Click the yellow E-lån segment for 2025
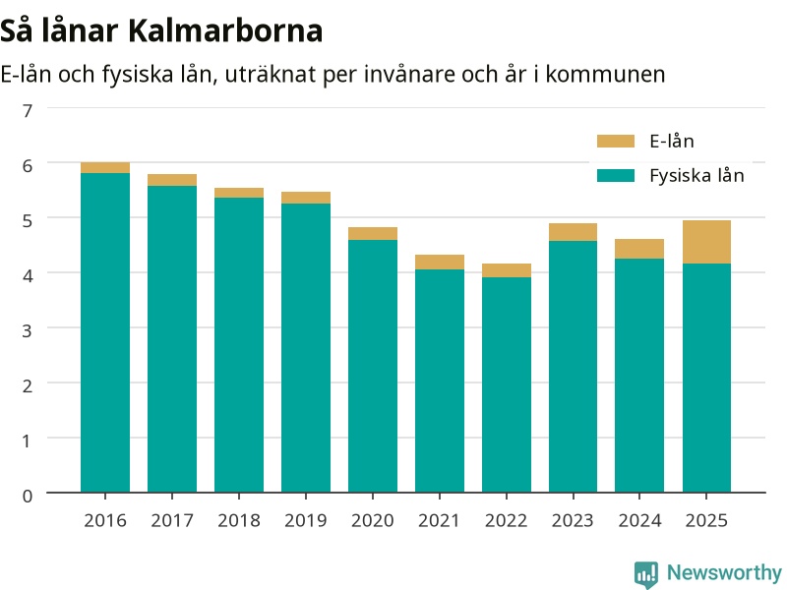click(706, 242)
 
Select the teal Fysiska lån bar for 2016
click(105, 332)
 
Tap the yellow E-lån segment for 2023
click(573, 232)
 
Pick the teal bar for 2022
click(507, 384)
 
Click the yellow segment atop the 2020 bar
click(373, 234)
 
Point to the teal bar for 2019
click(306, 348)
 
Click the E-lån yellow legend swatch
click(616, 141)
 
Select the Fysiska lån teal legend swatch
click(616, 176)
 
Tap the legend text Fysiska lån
click(696, 176)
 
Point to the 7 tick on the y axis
click(28, 110)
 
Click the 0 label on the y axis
click(28, 496)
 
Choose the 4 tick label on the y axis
click(28, 275)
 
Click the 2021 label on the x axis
click(439, 520)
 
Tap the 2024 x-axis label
click(639, 520)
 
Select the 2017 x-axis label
click(172, 520)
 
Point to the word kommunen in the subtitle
click(605, 75)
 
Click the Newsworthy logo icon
click(646, 574)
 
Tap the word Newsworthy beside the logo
click(724, 572)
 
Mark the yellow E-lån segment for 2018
click(239, 193)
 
